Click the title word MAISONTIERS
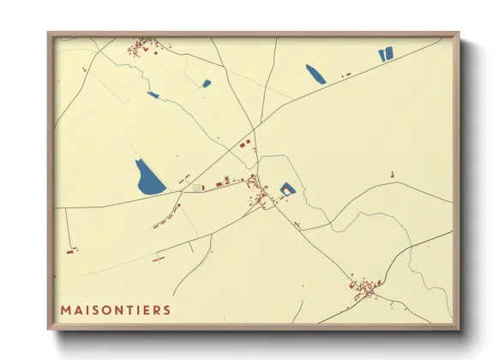click(115, 309)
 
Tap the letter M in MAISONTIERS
click(65, 309)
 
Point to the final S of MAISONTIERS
click(166, 309)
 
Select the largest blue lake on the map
click(149, 177)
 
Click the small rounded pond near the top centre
click(207, 83)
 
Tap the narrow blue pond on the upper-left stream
click(153, 94)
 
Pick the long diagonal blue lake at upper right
click(315, 74)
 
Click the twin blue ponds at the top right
click(385, 55)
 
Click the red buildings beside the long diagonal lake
click(347, 75)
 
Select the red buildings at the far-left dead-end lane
click(72, 249)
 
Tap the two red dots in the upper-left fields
click(84, 68)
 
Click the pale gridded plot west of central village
click(200, 187)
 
